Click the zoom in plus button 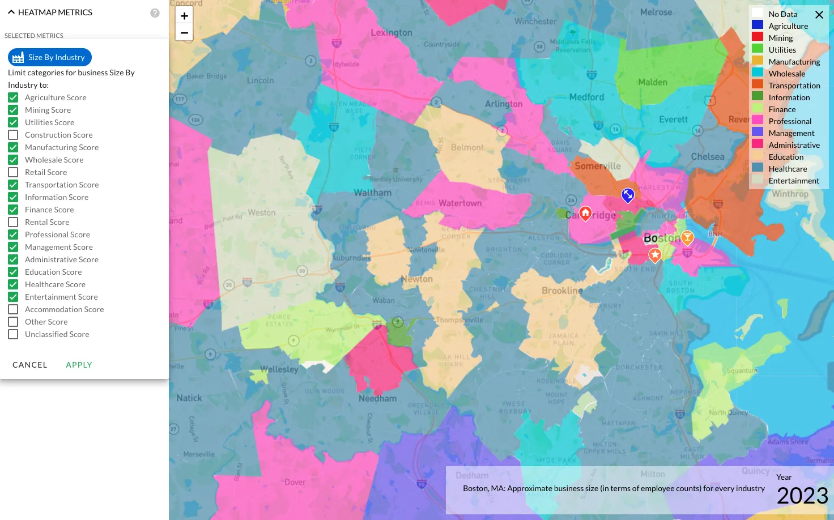click(184, 16)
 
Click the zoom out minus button click(184, 33)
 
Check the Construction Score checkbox click(13, 135)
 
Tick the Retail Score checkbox click(13, 172)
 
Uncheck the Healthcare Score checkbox click(13, 284)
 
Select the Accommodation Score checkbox click(13, 309)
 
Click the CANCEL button click(30, 365)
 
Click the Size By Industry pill click(50, 57)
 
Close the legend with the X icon click(819, 15)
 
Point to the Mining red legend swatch click(758, 37)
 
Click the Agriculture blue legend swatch click(758, 25)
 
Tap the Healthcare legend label click(788, 169)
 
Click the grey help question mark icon click(155, 13)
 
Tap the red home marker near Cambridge click(585, 213)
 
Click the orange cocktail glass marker click(687, 237)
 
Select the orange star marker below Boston click(655, 255)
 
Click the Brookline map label click(562, 291)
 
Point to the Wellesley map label click(279, 369)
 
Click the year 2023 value click(802, 496)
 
